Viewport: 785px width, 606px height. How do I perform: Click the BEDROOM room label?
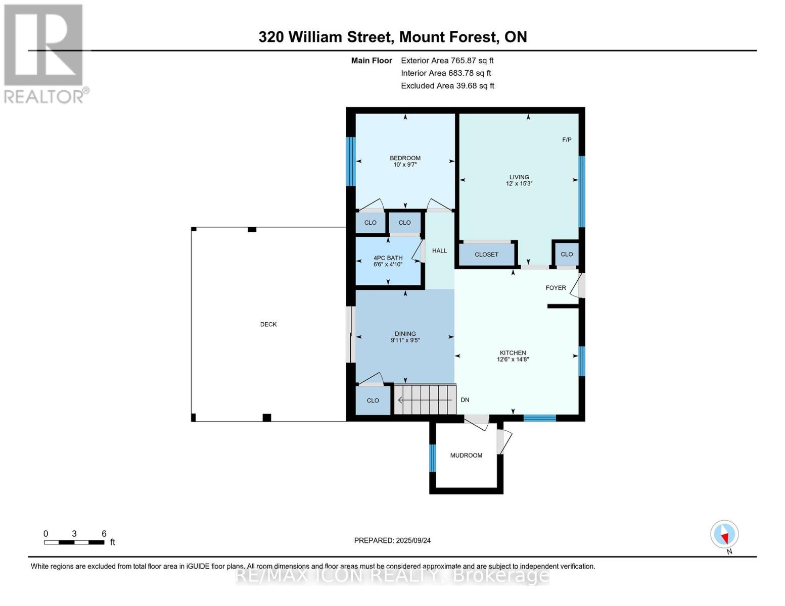tap(405, 158)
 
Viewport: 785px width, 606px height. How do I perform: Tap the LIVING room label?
tap(519, 177)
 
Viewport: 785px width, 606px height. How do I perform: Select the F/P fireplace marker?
tap(567, 140)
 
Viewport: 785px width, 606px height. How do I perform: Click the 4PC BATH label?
tap(388, 258)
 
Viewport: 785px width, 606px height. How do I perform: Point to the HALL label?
tap(439, 250)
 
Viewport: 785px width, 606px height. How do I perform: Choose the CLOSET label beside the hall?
tap(486, 255)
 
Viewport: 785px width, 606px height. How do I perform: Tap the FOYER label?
tap(556, 288)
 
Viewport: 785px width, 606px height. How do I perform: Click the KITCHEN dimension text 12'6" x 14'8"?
tap(513, 359)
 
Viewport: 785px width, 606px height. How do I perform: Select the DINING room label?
tap(405, 334)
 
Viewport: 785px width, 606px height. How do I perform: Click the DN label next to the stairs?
tap(465, 400)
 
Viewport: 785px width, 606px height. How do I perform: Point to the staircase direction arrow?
tap(425, 400)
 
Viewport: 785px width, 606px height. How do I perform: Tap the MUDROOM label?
tap(466, 456)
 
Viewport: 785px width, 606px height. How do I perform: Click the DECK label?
tap(268, 325)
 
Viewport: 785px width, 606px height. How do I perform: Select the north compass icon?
tap(724, 534)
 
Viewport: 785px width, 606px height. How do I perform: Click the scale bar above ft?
tap(74, 542)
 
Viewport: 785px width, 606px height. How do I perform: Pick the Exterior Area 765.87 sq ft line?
tap(447, 61)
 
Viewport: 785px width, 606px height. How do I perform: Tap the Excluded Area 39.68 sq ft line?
tap(447, 86)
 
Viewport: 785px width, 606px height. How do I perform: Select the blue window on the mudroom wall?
tap(432, 458)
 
